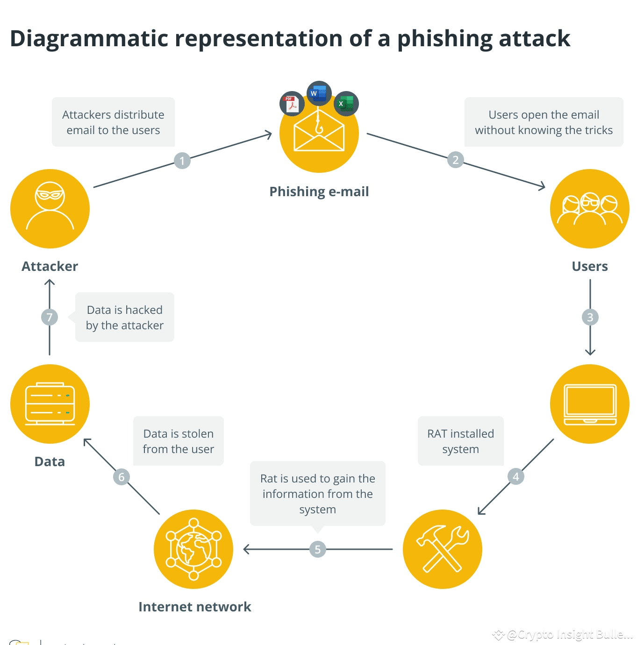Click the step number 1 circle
(x=182, y=161)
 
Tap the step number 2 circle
(x=455, y=160)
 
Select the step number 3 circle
(x=590, y=317)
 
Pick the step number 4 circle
(x=515, y=476)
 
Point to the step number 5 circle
(x=318, y=549)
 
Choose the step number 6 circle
(x=122, y=477)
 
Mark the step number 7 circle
(x=50, y=317)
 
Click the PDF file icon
(x=292, y=104)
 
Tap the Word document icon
(x=319, y=93)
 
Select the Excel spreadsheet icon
(x=346, y=103)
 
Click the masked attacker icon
(x=50, y=208)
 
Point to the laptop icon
(x=590, y=404)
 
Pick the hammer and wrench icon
(x=443, y=549)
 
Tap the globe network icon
(x=193, y=549)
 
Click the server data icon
(x=50, y=404)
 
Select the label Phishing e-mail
(x=319, y=191)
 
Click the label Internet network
(x=195, y=607)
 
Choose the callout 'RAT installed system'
(x=460, y=441)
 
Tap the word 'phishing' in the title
(x=444, y=39)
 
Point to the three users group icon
(x=590, y=208)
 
